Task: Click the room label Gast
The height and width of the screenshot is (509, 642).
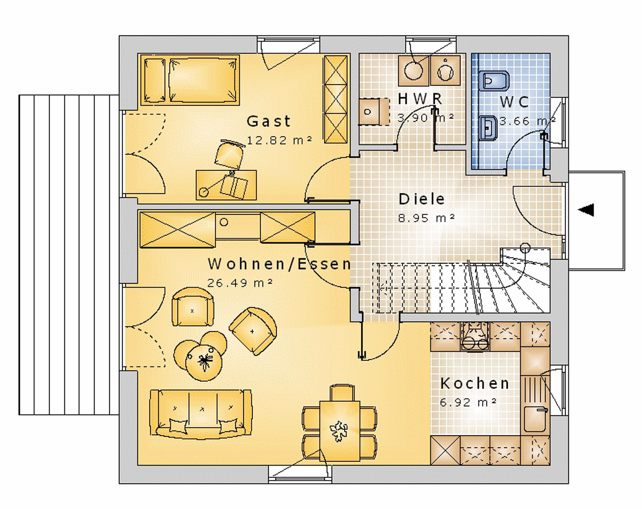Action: pyautogui.click(x=268, y=121)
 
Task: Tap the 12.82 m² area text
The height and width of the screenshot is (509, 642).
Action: pyautogui.click(x=279, y=140)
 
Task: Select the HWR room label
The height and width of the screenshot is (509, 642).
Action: pyautogui.click(x=420, y=99)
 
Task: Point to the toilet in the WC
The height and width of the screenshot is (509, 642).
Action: pyautogui.click(x=494, y=81)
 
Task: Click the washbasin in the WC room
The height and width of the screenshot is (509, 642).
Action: pyautogui.click(x=488, y=128)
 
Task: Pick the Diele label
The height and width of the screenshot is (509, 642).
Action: pyautogui.click(x=421, y=199)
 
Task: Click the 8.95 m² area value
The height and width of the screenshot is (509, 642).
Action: pyautogui.click(x=426, y=218)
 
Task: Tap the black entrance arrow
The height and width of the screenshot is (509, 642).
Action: pyautogui.click(x=586, y=210)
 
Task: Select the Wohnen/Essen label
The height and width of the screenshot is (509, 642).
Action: pyautogui.click(x=279, y=264)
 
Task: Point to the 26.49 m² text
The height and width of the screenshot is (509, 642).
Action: pyautogui.click(x=240, y=283)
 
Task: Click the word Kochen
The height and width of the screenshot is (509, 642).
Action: pyautogui.click(x=475, y=383)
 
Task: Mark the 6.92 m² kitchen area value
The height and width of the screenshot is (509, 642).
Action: pyautogui.click(x=468, y=403)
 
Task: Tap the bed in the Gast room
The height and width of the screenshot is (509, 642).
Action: pyautogui.click(x=190, y=80)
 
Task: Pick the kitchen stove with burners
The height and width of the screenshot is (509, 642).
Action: pyautogui.click(x=475, y=336)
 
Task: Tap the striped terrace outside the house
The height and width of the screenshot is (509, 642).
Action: pyautogui.click(x=69, y=255)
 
